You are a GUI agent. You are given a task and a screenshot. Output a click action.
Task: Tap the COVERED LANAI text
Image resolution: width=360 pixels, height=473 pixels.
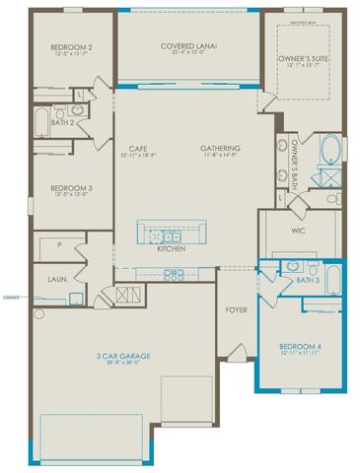pyautogui.click(x=188, y=45)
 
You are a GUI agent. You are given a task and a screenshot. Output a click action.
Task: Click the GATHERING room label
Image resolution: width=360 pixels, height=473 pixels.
pyautogui.click(x=222, y=148)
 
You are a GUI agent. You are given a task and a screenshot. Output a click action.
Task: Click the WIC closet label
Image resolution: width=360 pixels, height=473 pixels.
pyautogui.click(x=300, y=234)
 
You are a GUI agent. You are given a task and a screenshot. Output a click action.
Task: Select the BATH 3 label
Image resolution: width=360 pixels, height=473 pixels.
pyautogui.click(x=308, y=280)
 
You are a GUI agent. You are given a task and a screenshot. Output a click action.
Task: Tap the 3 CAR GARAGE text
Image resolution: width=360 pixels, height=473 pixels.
pyautogui.click(x=122, y=355)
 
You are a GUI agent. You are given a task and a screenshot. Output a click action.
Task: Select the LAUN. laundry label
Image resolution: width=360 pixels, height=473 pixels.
pyautogui.click(x=58, y=279)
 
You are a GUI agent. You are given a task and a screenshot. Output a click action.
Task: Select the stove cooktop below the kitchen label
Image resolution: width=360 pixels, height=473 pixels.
pyautogui.click(x=174, y=275)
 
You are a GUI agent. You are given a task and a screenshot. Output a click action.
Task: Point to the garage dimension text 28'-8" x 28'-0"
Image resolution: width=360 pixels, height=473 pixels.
pyautogui.click(x=122, y=364)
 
